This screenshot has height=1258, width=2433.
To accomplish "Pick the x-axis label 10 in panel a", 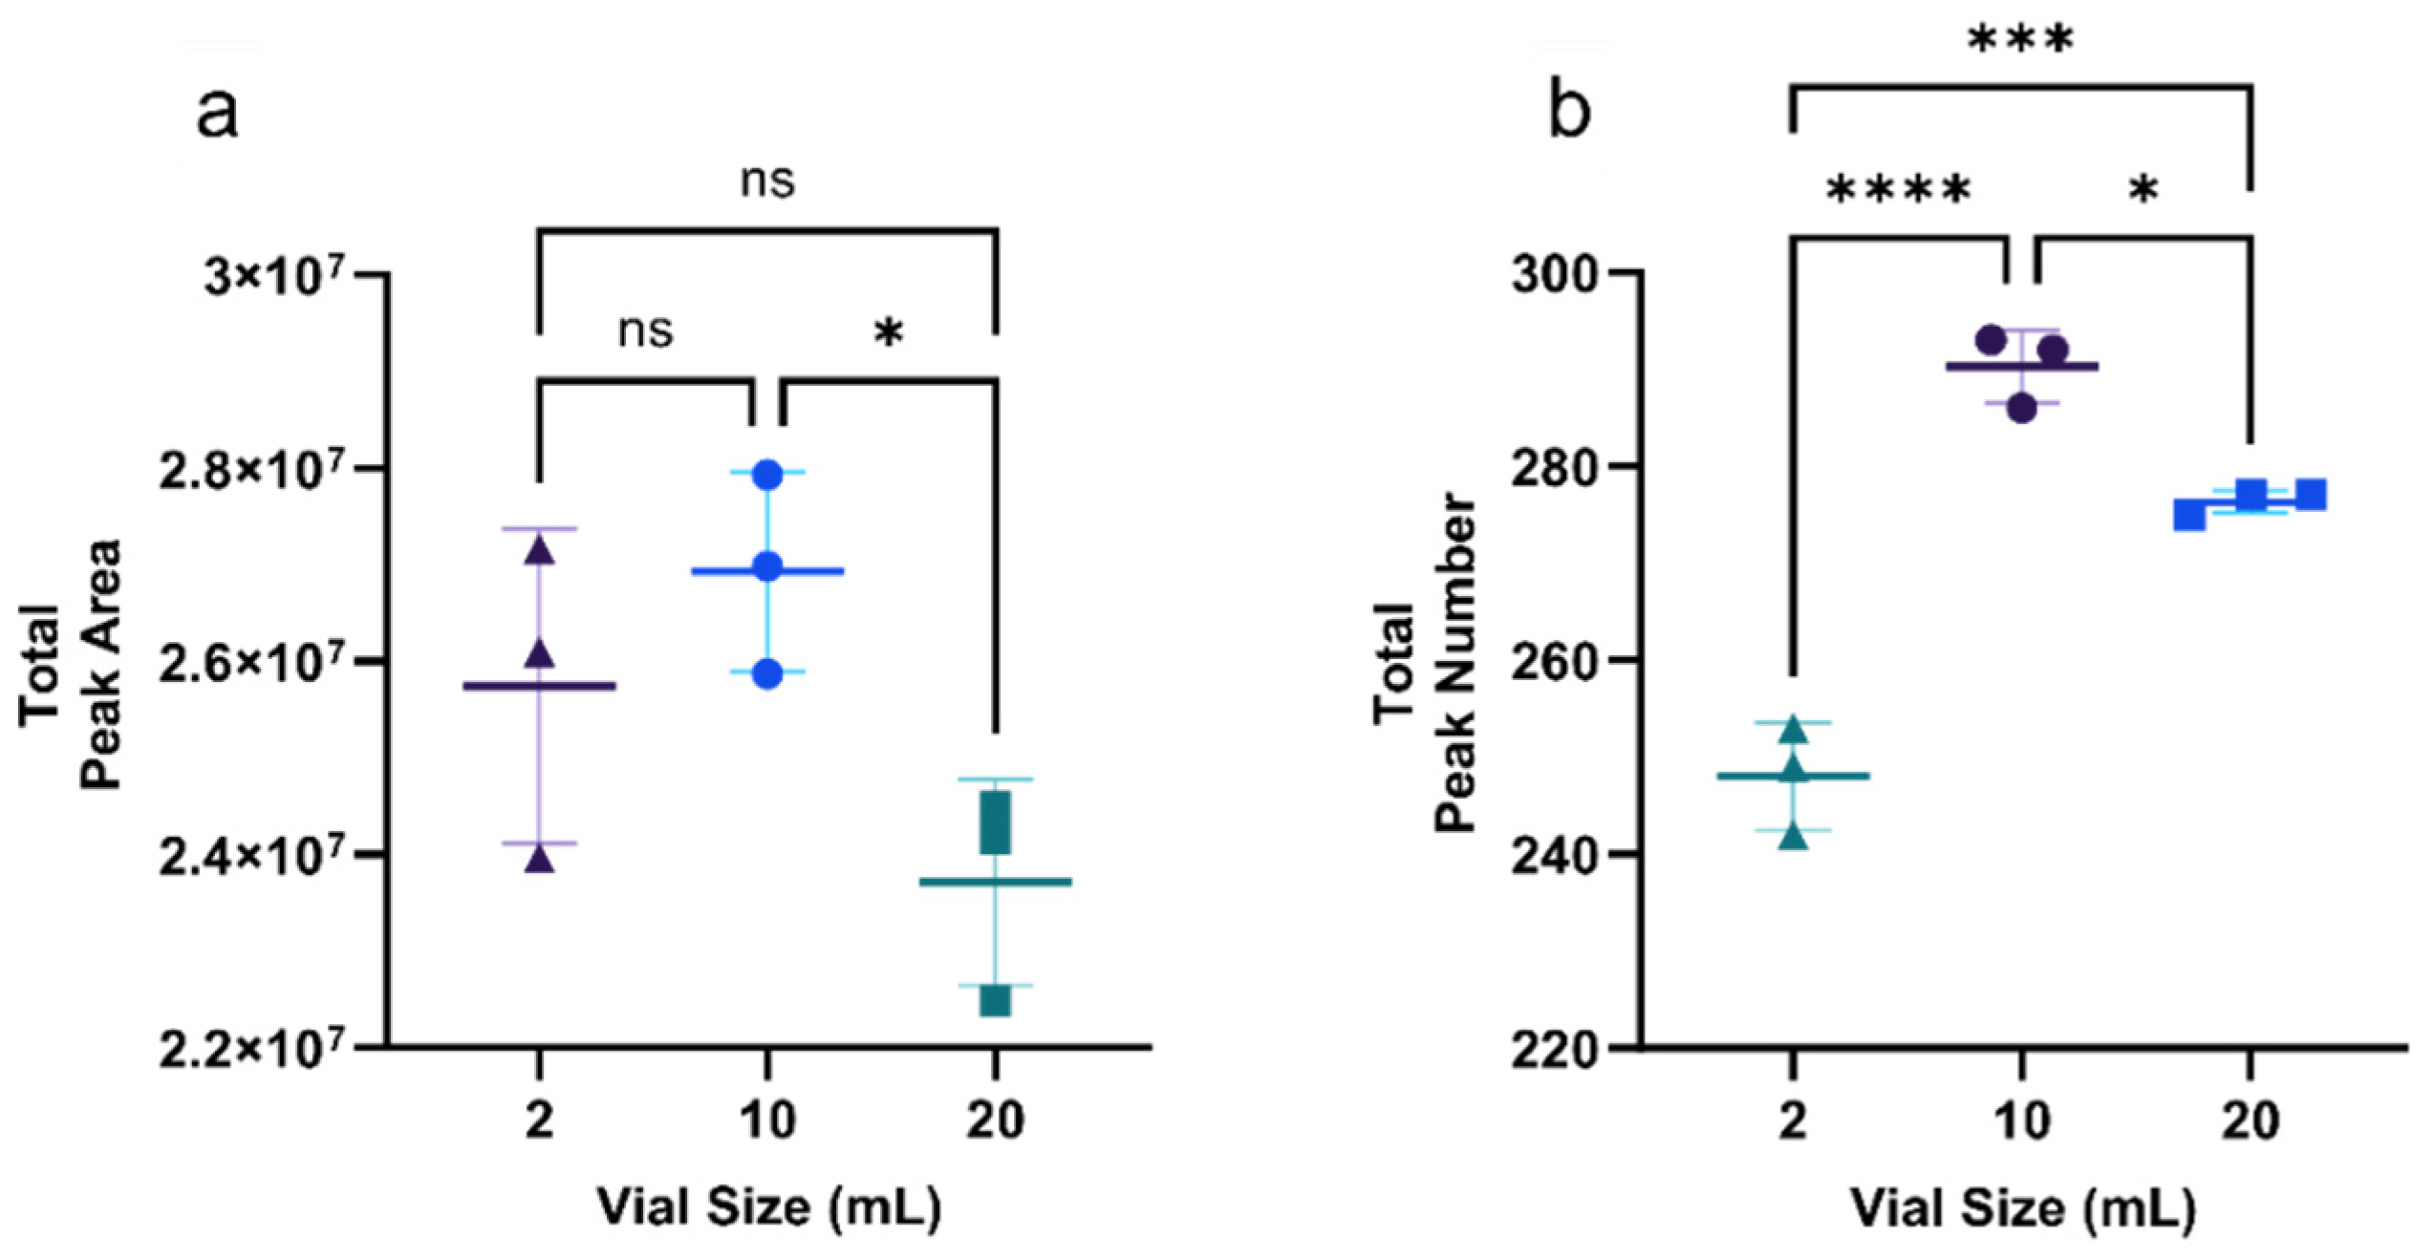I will click(x=767, y=1119).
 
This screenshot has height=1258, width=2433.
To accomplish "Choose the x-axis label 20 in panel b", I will click(x=2250, y=1119).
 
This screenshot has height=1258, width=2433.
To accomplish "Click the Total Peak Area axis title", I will click(x=72, y=665).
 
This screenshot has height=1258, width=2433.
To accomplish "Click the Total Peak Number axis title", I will click(x=1424, y=665).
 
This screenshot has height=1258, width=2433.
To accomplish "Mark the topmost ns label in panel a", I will click(x=767, y=181).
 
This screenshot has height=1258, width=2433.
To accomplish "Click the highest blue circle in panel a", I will click(x=767, y=475).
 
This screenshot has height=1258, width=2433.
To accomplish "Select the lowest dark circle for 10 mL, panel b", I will click(x=2022, y=409).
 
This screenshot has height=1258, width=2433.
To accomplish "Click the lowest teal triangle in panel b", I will click(x=1794, y=838).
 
